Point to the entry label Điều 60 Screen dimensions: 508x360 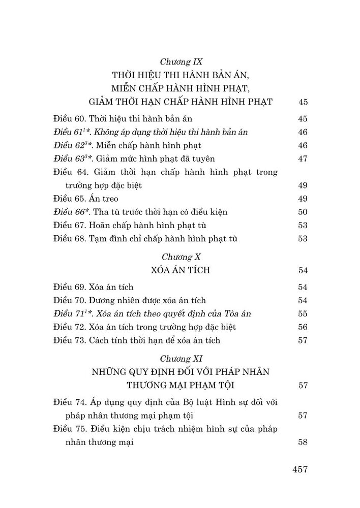coord(69,119)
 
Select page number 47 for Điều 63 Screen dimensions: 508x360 coord(304,159)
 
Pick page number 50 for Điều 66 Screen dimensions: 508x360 coord(304,212)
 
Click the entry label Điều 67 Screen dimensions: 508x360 coord(69,225)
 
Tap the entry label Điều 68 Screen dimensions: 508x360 coord(69,238)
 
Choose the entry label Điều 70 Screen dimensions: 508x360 coord(69,301)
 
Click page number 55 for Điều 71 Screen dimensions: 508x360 coord(304,314)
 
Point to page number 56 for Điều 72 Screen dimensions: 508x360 coord(304,327)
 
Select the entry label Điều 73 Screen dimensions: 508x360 coord(69,340)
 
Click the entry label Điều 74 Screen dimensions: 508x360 coord(69,403)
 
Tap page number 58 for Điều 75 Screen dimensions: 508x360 coord(304,442)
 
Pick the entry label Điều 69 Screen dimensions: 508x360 coord(69,288)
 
